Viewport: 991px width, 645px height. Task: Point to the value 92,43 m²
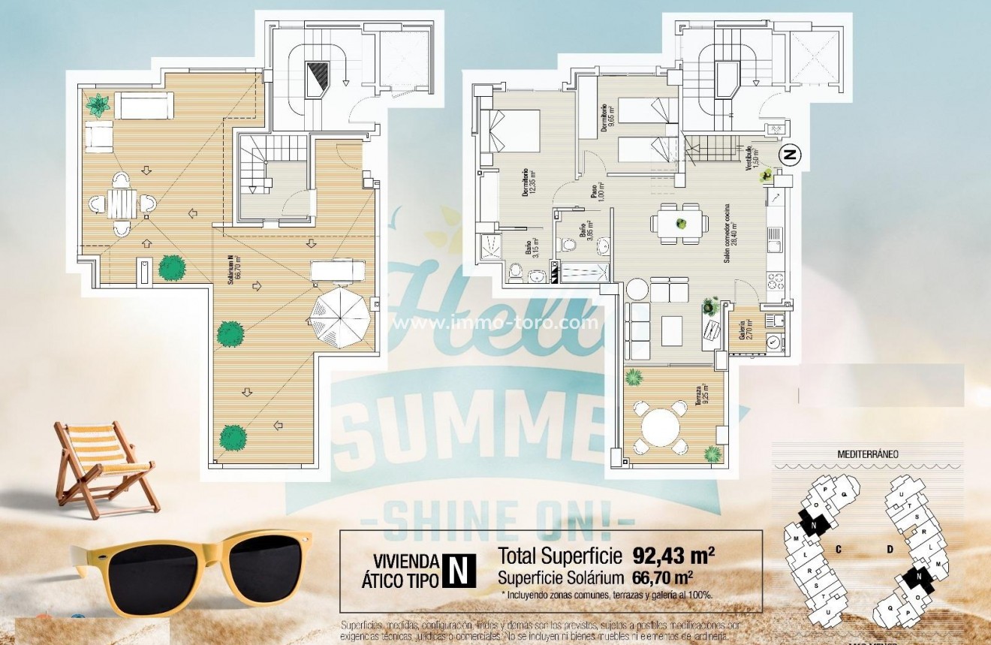click(673, 556)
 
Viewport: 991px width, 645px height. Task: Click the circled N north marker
click(789, 155)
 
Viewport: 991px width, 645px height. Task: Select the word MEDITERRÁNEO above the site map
click(868, 454)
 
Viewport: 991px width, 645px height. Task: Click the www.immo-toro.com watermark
click(496, 324)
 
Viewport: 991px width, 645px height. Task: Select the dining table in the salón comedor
click(680, 224)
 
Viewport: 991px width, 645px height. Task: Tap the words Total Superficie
click(560, 556)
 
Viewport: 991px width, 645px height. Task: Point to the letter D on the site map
click(889, 549)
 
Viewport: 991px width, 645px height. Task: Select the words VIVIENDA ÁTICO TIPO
click(406, 570)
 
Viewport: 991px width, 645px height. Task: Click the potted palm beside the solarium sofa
click(98, 105)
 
